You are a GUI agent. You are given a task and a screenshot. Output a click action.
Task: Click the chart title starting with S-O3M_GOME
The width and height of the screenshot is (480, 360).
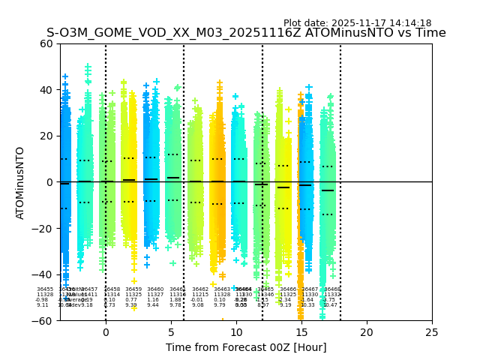click(246, 33)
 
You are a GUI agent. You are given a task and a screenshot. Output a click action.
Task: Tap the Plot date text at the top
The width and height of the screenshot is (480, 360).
click(357, 23)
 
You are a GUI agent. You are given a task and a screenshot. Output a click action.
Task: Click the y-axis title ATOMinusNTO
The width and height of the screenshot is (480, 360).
click(20, 182)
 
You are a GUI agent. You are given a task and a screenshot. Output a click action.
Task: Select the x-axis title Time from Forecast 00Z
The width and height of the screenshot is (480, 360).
click(246, 347)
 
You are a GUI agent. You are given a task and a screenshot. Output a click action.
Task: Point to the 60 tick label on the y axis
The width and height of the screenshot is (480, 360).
click(46, 43)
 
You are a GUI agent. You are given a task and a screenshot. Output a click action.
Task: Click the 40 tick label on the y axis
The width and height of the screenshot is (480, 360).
click(46, 90)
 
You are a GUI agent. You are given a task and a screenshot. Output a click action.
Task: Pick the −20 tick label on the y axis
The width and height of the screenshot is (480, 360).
click(43, 229)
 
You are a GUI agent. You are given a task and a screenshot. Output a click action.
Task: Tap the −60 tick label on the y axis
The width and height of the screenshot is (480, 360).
click(43, 321)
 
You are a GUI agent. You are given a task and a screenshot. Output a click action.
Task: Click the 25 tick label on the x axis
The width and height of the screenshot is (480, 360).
click(432, 332)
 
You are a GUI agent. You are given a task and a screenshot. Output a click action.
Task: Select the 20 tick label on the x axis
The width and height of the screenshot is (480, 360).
click(367, 332)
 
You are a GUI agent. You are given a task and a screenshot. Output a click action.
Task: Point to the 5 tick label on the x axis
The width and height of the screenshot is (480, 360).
click(171, 332)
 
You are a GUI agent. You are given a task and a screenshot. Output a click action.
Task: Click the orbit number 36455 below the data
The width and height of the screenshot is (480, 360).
click(45, 289)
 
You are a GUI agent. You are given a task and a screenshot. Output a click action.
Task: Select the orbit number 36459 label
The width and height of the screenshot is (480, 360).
click(133, 289)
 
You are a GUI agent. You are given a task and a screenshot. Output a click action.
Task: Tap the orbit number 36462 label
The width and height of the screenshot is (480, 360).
click(200, 289)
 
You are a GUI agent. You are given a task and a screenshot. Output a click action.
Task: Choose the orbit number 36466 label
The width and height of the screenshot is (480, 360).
click(288, 289)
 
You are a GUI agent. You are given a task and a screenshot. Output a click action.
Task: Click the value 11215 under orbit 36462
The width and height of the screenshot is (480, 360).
click(200, 295)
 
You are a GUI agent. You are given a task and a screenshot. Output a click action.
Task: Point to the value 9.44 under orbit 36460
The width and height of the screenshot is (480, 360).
click(153, 305)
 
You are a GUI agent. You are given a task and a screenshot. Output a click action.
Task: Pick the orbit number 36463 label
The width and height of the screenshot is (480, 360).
click(222, 289)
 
